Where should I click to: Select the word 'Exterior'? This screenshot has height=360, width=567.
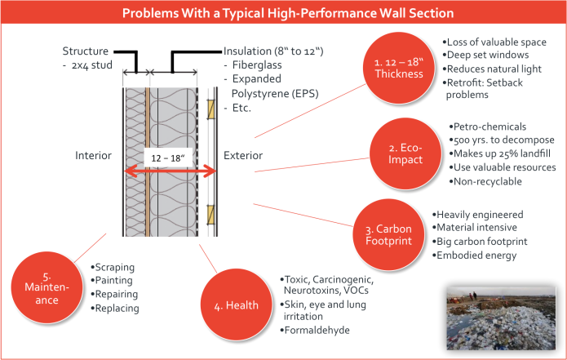pos(243,155)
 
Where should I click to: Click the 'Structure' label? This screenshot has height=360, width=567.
pos(85,51)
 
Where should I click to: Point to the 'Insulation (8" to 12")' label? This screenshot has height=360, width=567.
pos(272,51)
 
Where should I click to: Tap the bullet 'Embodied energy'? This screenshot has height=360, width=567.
pos(486,256)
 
